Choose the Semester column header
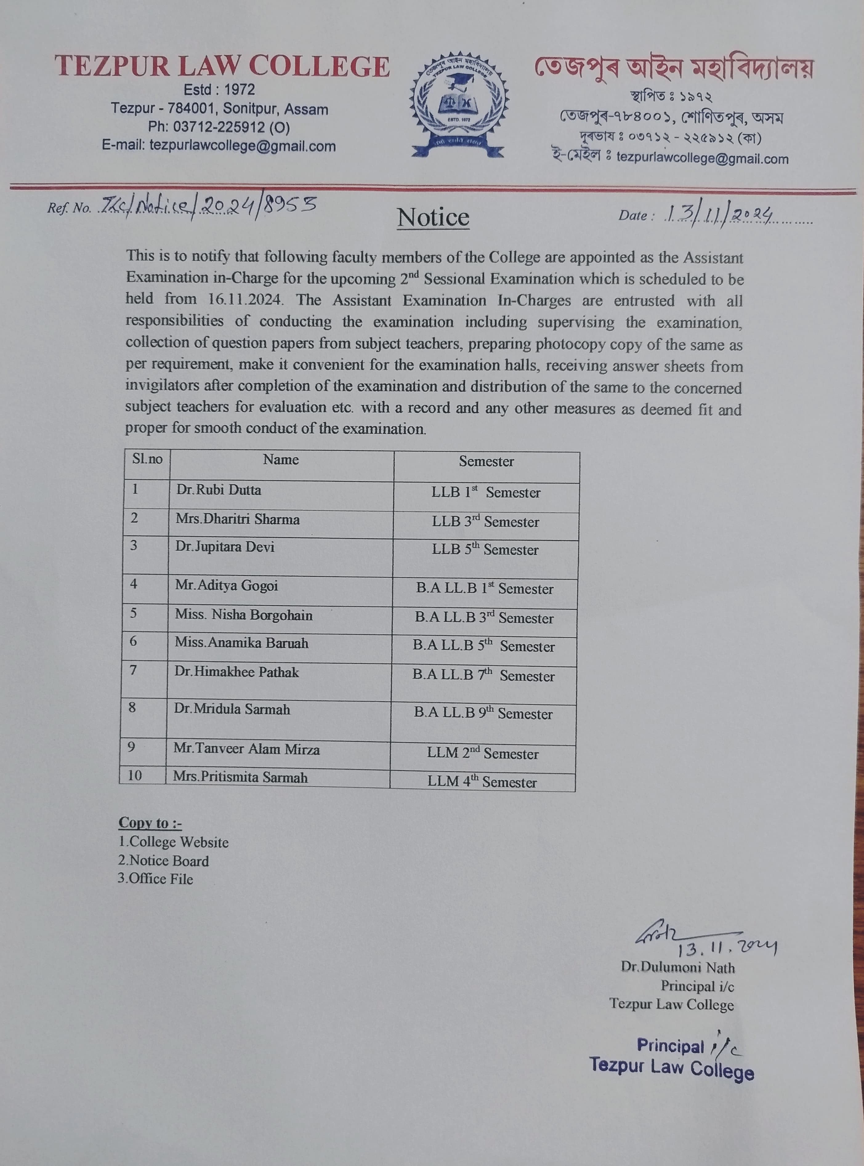(487, 461)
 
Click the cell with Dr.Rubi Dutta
(219, 490)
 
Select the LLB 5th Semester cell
(485, 549)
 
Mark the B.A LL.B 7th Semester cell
(483, 676)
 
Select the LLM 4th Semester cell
(482, 782)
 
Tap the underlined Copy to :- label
(150, 822)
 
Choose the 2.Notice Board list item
(163, 861)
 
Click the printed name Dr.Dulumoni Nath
(678, 967)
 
